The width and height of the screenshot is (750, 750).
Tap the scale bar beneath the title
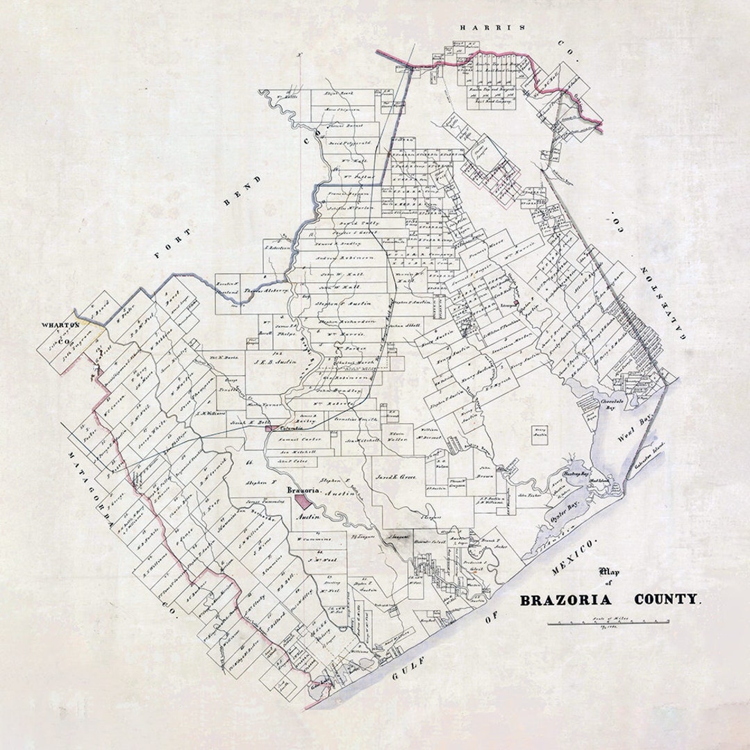point(608,622)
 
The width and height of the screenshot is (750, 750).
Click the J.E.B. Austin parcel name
point(274,362)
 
